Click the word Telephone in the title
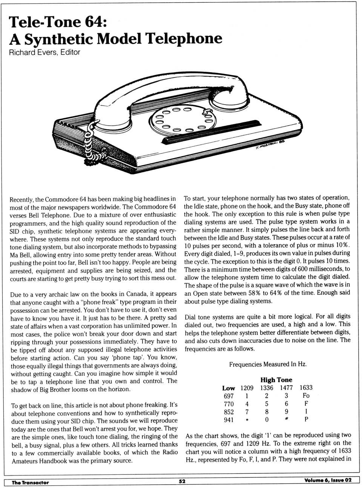click(x=184, y=39)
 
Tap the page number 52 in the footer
click(x=182, y=481)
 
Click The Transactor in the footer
click(x=30, y=482)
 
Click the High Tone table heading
click(x=276, y=380)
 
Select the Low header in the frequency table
click(x=229, y=388)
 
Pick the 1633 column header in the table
click(x=306, y=388)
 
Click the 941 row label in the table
click(x=229, y=420)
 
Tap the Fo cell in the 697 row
click(x=306, y=396)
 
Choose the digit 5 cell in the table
click(x=267, y=404)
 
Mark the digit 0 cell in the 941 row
click(x=267, y=420)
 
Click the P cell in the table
click(x=306, y=420)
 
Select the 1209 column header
click(x=247, y=388)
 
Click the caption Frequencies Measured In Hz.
click(x=268, y=364)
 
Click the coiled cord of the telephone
click(x=90, y=145)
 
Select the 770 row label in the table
click(x=229, y=404)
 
